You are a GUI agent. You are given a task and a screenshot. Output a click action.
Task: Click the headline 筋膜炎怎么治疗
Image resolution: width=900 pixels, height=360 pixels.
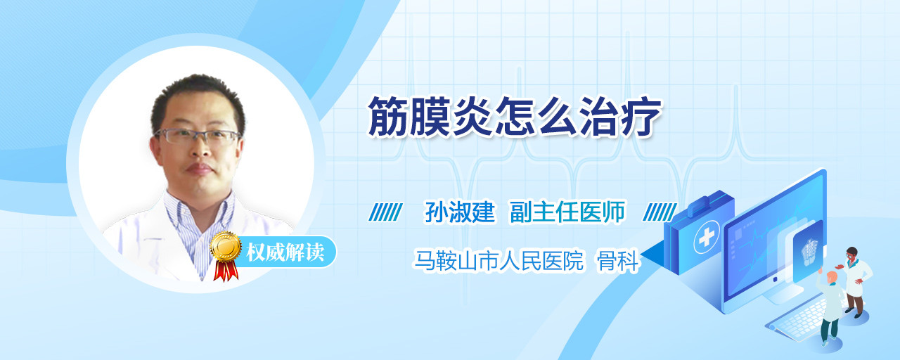515,117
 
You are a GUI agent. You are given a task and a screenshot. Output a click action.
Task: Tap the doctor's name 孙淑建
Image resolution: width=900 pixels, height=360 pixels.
460,212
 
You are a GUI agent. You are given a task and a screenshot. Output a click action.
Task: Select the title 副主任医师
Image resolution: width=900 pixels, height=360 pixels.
567,212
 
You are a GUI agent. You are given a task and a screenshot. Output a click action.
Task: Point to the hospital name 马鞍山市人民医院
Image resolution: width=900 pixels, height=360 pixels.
499,260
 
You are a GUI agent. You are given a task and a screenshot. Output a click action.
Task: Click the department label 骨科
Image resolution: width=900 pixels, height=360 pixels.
617,260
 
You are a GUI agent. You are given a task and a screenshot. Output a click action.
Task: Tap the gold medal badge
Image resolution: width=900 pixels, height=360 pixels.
226,246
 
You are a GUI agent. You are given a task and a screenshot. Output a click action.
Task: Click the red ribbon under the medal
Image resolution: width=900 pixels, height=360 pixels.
226,270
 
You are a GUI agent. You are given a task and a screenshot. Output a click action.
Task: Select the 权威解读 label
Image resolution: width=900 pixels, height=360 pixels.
285,252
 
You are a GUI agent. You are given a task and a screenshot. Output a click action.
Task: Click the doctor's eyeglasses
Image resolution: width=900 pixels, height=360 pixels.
197,136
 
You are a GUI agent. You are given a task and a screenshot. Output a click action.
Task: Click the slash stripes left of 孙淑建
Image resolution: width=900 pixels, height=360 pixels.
385,212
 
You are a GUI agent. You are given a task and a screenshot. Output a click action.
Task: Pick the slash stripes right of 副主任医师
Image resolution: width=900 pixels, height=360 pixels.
660,212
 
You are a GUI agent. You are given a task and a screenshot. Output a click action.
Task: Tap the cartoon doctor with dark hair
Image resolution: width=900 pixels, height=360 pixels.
854,281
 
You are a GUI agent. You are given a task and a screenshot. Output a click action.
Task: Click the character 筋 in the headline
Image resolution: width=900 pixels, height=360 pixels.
389,117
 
